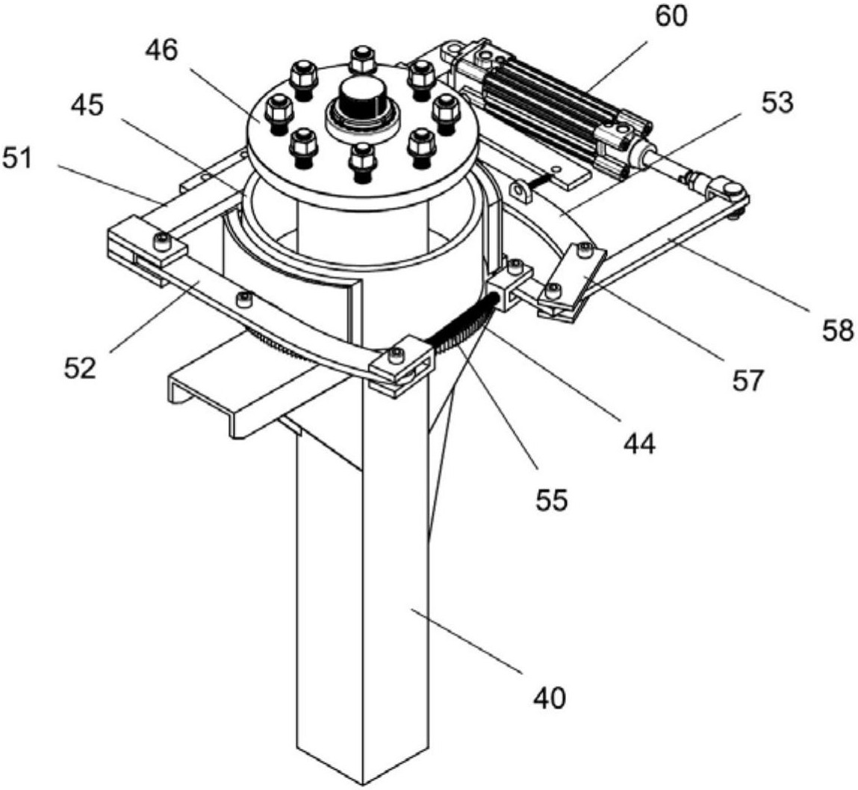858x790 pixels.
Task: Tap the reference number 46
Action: click(x=162, y=50)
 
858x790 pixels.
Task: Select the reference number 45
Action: click(x=87, y=105)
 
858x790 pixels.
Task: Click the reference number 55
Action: click(x=552, y=499)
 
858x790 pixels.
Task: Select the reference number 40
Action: click(x=550, y=698)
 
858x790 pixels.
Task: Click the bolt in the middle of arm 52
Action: click(x=243, y=299)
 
